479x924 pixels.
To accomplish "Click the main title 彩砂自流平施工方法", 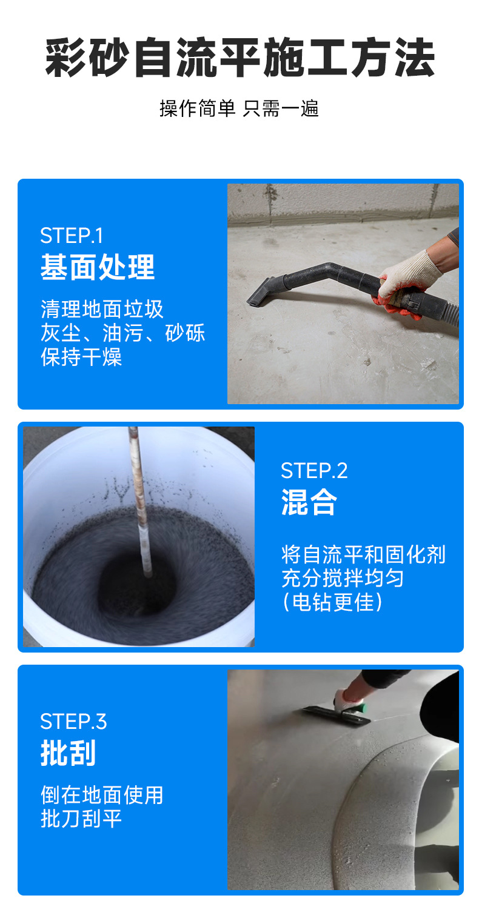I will click(x=239, y=59).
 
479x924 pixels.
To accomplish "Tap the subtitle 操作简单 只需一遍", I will click(x=239, y=108).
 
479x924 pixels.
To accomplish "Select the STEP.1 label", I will click(x=72, y=235).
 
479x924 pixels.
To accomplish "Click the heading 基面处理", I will click(x=98, y=267).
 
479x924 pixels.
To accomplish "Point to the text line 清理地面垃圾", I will click(x=102, y=309).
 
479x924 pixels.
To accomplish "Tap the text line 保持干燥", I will click(x=81, y=357).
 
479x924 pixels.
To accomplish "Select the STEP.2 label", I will click(x=314, y=471).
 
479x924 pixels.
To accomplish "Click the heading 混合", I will click(x=309, y=502).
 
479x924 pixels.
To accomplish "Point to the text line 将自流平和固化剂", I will click(x=363, y=554).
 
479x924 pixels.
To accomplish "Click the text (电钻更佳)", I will click(x=333, y=602).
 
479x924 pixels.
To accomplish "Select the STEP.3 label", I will click(x=73, y=722).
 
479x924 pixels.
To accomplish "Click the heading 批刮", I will click(x=68, y=753).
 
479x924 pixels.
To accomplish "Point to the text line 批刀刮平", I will click(x=81, y=819).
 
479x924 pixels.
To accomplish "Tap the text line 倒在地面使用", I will click(x=102, y=795).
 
